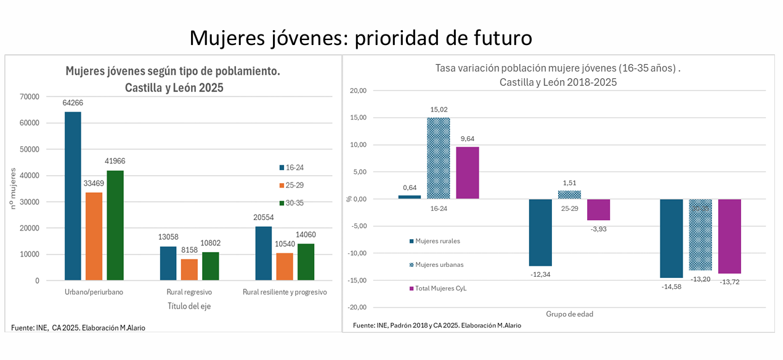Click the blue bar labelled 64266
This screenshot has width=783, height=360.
click(x=73, y=196)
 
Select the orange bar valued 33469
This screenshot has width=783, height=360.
click(x=94, y=237)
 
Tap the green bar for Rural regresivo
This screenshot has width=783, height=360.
click(x=211, y=266)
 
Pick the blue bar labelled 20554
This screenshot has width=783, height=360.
click(x=264, y=253)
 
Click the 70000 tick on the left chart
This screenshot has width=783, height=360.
click(x=30, y=97)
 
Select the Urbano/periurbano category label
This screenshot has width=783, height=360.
click(x=94, y=292)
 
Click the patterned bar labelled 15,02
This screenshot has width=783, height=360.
click(x=439, y=158)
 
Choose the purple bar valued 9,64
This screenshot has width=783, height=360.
click(x=468, y=173)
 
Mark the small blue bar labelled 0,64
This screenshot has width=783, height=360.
click(x=410, y=197)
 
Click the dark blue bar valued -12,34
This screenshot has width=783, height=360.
click(x=541, y=232)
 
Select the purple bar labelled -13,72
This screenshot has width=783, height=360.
click(x=729, y=236)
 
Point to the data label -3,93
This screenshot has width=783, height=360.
click(x=598, y=229)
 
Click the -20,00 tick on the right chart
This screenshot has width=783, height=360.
click(x=356, y=308)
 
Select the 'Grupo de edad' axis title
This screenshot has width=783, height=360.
click(x=569, y=314)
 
